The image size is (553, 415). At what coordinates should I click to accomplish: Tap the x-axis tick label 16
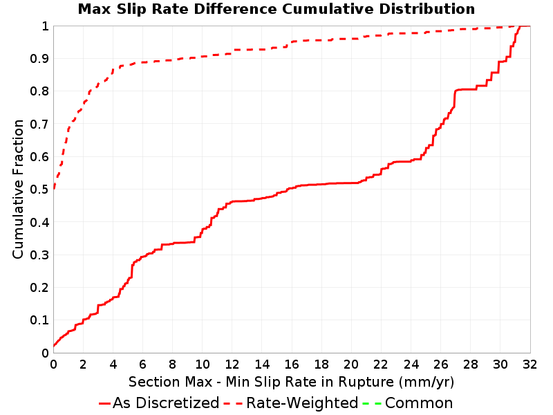click(291, 365)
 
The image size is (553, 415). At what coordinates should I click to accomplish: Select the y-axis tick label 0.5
click(39, 190)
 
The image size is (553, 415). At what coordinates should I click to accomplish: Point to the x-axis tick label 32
click(529, 365)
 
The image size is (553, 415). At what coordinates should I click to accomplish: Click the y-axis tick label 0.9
click(39, 59)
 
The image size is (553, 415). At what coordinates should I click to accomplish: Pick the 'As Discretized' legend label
click(166, 403)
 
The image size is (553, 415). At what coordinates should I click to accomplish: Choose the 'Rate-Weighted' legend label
click(302, 403)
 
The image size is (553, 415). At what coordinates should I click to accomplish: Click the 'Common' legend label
click(419, 403)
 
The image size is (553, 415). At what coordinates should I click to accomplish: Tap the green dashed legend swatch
click(372, 403)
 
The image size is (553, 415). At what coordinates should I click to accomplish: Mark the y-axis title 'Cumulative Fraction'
click(18, 189)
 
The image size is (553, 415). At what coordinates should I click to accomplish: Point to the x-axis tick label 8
click(172, 365)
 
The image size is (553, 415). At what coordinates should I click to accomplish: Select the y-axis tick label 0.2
click(39, 288)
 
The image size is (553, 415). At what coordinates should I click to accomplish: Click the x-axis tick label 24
click(411, 365)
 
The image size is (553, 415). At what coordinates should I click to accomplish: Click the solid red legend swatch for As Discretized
click(105, 403)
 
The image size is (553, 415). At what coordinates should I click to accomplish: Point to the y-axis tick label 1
click(45, 26)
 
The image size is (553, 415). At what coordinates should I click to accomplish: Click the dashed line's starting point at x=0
click(54, 189)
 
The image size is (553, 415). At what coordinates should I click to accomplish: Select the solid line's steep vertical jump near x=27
click(455, 99)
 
